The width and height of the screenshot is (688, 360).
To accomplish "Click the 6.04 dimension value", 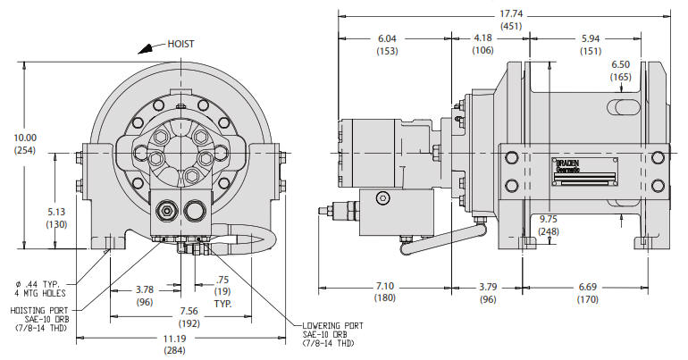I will (x=387, y=39).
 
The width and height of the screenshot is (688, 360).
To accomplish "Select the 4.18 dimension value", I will (x=483, y=39).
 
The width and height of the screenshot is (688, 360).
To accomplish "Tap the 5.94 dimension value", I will (x=591, y=39).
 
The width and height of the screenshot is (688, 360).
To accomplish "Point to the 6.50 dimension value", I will (x=620, y=65).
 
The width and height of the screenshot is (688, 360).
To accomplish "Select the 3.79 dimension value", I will (x=487, y=286).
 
